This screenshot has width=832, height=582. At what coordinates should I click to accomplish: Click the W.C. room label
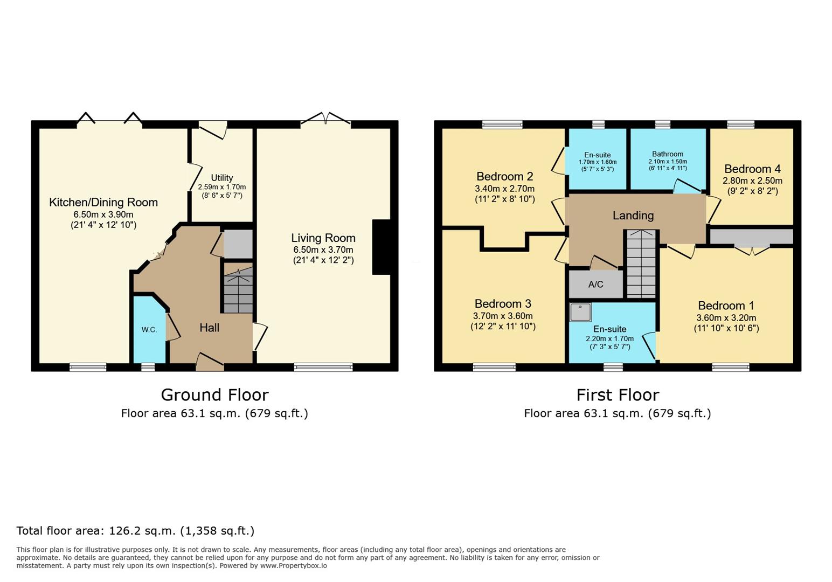pyautogui.click(x=149, y=330)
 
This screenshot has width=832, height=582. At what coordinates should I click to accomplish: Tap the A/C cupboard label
pyautogui.click(x=596, y=285)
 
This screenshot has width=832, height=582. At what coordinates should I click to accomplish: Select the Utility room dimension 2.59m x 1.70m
pyautogui.click(x=222, y=187)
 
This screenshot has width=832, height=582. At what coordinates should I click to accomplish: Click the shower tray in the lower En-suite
pyautogui.click(x=580, y=312)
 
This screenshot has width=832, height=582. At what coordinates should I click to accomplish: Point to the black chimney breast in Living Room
pyautogui.click(x=382, y=247)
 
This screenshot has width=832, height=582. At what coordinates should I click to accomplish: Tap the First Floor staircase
pyautogui.click(x=641, y=264)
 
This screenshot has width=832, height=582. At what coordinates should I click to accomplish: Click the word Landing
pyautogui.click(x=633, y=216)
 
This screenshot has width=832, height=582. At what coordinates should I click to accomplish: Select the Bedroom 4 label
pyautogui.click(x=752, y=169)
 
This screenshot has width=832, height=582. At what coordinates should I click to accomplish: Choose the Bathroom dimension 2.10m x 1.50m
pyautogui.click(x=668, y=162)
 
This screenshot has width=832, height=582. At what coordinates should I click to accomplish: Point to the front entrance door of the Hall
pyautogui.click(x=210, y=362)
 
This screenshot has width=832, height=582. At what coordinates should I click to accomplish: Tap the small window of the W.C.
pyautogui.click(x=148, y=368)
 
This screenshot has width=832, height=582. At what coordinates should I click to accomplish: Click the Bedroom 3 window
pyautogui.click(x=494, y=368)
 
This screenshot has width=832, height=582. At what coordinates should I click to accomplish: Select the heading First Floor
pyautogui.click(x=618, y=395)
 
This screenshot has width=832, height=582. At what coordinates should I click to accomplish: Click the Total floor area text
pyautogui.click(x=135, y=531)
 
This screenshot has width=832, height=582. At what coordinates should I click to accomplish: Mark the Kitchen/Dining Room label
pyautogui.click(x=103, y=203)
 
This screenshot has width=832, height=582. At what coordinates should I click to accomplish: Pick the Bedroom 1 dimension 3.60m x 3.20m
pyautogui.click(x=726, y=318)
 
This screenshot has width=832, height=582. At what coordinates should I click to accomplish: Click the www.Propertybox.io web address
pyautogui.click(x=293, y=566)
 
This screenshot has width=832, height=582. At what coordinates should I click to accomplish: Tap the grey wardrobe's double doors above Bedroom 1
pyautogui.click(x=752, y=250)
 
